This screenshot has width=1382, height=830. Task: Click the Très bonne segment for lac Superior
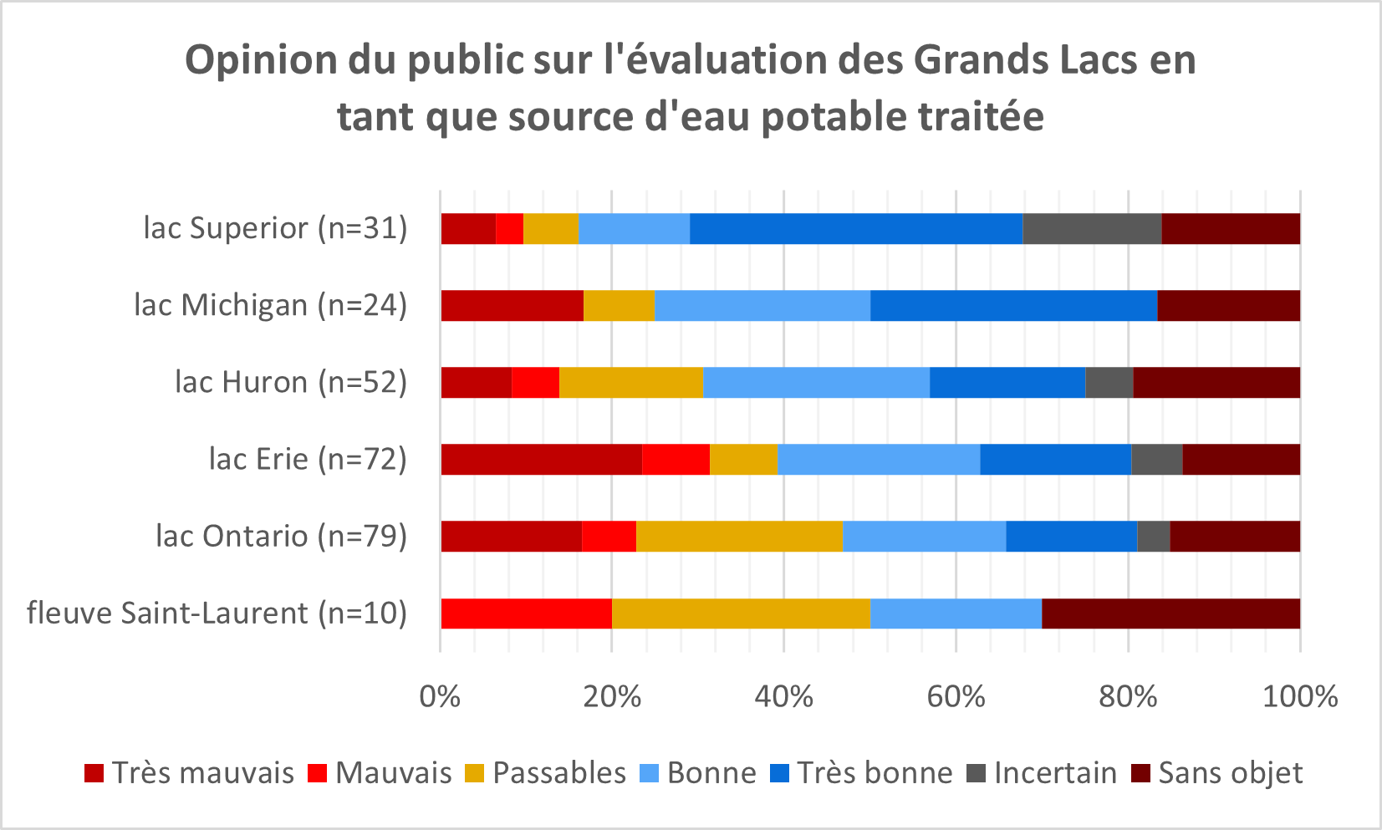[855, 229]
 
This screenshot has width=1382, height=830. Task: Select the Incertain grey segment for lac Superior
[1092, 229]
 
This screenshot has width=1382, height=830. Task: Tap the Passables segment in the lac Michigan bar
[619, 306]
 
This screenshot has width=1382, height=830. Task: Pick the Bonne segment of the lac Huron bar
[816, 383]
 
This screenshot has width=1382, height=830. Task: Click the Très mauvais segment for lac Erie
[541, 460]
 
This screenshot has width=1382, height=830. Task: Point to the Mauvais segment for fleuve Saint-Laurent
[526, 614]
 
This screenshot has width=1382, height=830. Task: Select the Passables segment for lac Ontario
[739, 537]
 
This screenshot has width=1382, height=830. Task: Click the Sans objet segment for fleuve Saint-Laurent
[1170, 614]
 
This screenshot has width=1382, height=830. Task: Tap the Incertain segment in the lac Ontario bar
[1153, 537]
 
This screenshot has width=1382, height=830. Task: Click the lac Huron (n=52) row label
[290, 383]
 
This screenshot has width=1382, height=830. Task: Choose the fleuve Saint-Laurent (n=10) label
[217, 614]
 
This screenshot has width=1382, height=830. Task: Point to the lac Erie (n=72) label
[307, 460]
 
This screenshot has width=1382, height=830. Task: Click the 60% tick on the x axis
[956, 696]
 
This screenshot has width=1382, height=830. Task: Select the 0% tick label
[440, 696]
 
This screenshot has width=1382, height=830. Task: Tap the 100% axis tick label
[1299, 696]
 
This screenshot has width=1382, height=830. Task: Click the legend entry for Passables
[558, 773]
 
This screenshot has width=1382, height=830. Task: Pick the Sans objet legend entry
[1229, 773]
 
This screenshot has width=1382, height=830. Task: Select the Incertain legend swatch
[976, 773]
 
